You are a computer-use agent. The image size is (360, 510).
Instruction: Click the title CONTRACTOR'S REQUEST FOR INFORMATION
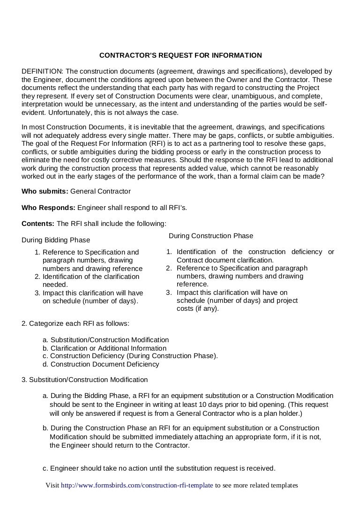(180, 55)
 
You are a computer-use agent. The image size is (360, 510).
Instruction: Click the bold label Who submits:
(45, 191)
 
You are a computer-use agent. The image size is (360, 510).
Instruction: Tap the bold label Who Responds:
(48, 207)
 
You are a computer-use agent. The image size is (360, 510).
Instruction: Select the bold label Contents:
(38, 223)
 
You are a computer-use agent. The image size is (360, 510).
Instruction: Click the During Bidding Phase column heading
(56, 240)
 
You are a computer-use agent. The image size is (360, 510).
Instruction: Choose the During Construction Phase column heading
(210, 236)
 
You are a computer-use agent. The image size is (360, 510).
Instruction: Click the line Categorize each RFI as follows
(75, 323)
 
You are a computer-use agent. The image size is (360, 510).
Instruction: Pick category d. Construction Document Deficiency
(100, 364)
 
